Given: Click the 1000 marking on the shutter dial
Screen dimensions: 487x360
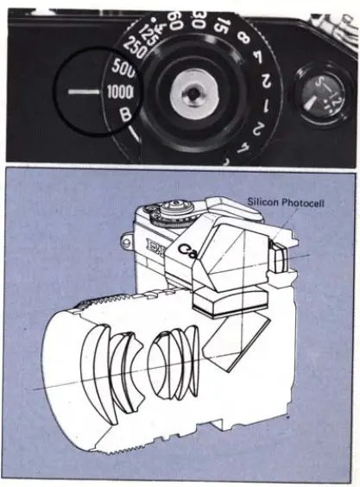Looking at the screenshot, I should coord(120,92).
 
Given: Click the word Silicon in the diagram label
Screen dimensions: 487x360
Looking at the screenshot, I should coord(265,205).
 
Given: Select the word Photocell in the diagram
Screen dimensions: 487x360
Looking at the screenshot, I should coord(305,205).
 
